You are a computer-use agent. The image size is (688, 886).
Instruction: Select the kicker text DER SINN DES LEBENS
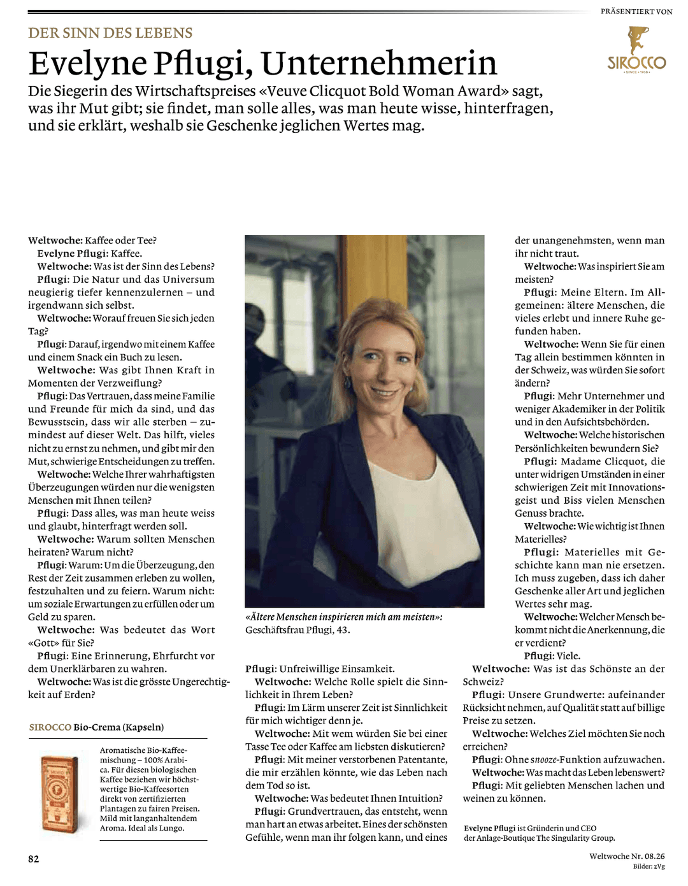[110, 33]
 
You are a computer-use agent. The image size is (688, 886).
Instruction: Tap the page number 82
[33, 859]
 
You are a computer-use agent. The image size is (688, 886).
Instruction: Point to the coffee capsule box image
[60, 794]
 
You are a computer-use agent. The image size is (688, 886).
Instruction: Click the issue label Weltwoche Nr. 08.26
[626, 856]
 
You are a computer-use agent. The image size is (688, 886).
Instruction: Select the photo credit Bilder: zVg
[649, 866]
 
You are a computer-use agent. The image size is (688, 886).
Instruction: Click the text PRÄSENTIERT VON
[636, 11]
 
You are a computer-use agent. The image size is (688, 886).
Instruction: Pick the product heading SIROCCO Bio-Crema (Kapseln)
[96, 727]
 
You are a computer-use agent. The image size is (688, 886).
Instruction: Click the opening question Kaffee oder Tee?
[120, 240]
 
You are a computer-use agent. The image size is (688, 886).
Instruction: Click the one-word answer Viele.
[568, 656]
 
